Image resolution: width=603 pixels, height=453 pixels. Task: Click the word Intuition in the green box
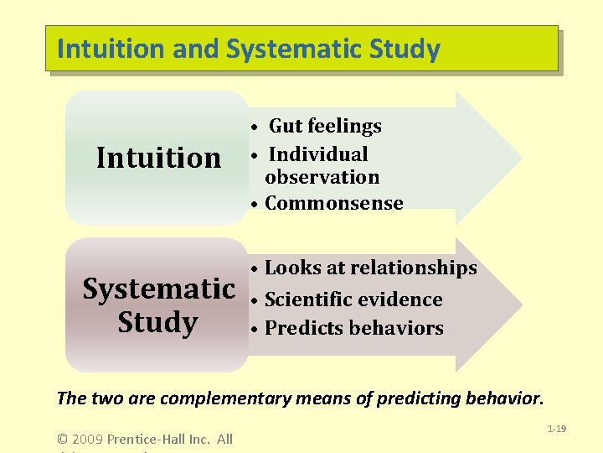[x=158, y=158]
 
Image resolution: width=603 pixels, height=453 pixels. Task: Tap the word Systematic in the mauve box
[x=158, y=289]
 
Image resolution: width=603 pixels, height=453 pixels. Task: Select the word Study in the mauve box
[x=157, y=322]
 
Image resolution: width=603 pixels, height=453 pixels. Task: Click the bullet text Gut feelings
[x=324, y=126]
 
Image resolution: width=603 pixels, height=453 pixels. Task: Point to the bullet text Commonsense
[x=333, y=203]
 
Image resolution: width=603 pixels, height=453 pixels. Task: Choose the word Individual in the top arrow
[x=318, y=154]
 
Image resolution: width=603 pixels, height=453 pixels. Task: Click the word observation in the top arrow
[x=322, y=177]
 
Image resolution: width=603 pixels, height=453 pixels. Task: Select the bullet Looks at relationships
[x=370, y=268]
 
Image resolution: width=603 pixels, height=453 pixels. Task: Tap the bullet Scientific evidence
[x=353, y=299]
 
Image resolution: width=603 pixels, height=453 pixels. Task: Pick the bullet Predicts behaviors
[x=353, y=328]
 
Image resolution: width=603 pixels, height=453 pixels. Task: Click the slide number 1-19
[x=557, y=429]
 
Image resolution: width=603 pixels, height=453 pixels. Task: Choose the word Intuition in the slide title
[x=111, y=49]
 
